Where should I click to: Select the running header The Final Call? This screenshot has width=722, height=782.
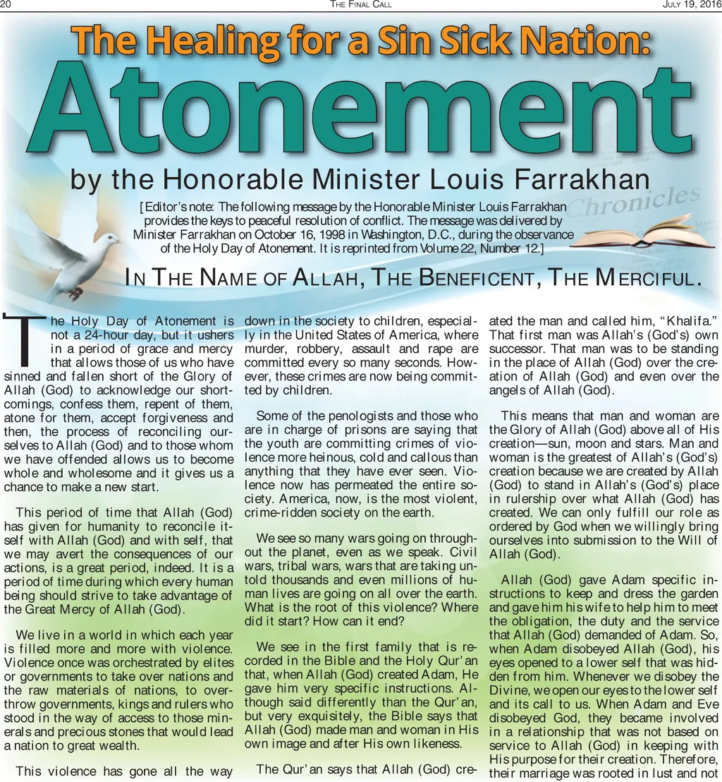360,5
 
